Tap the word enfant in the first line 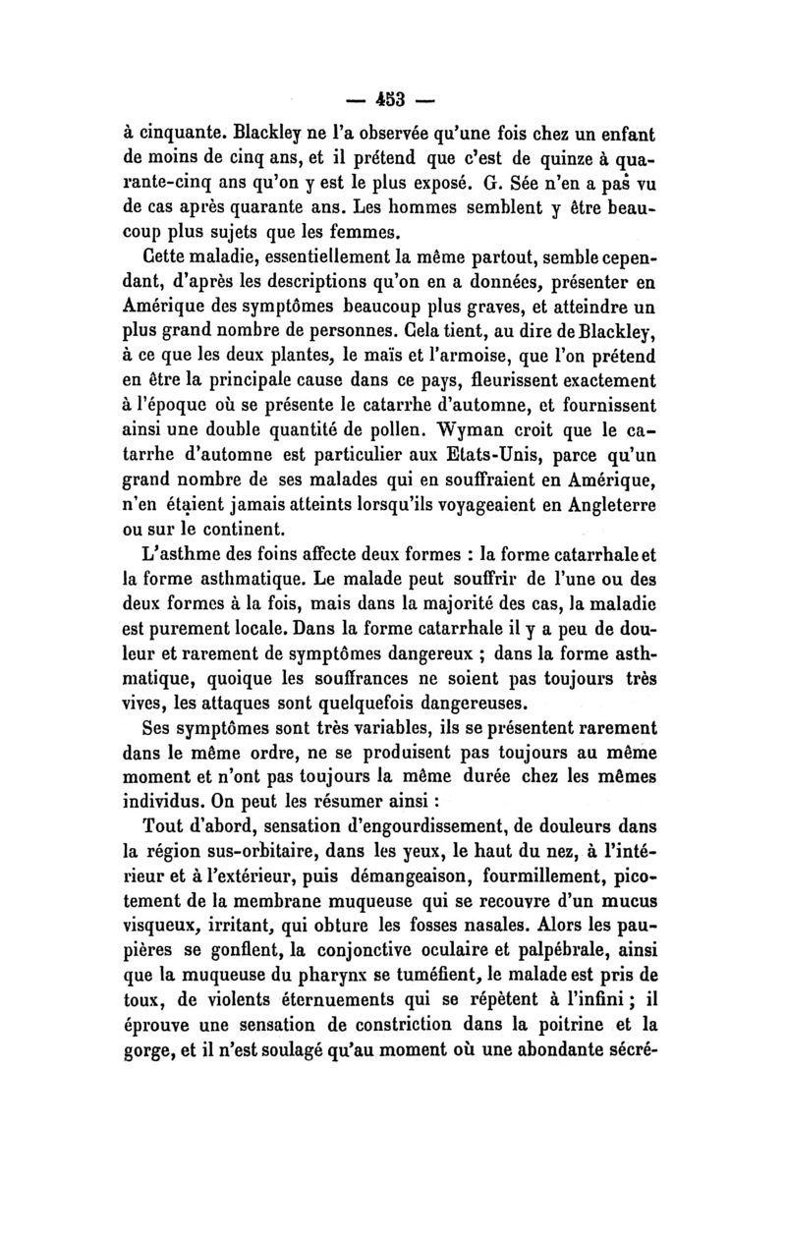623,133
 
